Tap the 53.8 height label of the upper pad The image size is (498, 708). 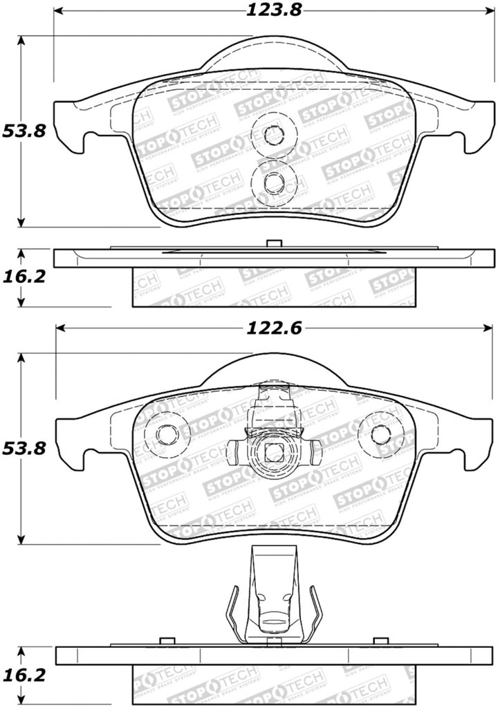24,131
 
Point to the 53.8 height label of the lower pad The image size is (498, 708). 24,448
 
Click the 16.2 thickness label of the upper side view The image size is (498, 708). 24,277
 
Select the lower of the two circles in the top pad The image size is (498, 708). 274,182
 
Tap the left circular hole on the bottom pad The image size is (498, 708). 167,434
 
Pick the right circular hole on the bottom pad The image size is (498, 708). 381,434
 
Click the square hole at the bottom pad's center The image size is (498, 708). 274,454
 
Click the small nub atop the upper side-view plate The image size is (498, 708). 274,243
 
